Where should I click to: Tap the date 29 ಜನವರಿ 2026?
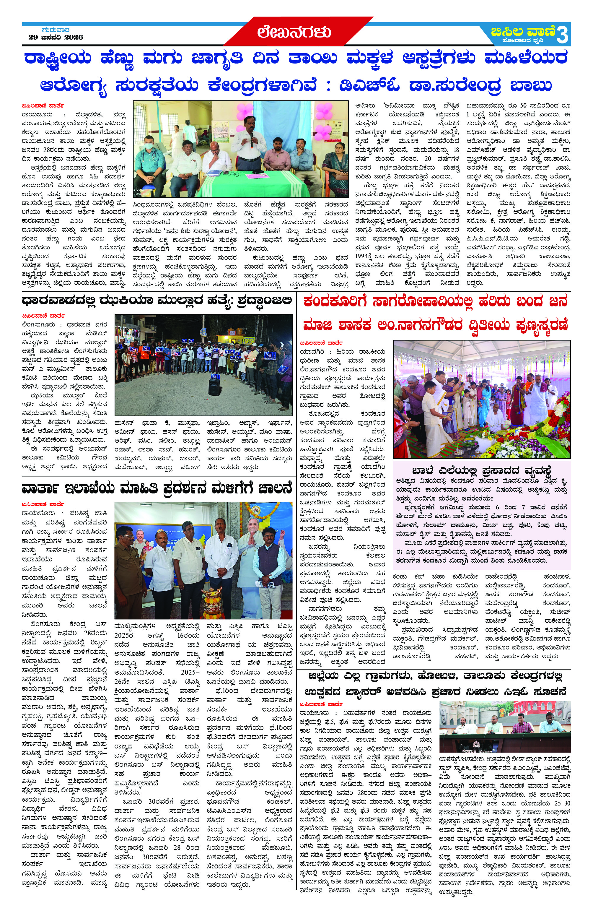point(56,37)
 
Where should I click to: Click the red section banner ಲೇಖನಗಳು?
point(294,32)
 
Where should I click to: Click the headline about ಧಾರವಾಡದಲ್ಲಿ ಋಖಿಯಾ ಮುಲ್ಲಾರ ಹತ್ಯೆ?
point(157,301)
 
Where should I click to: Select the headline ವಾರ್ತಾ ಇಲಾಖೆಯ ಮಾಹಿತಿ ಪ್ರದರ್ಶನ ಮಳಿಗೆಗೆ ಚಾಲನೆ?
point(157,489)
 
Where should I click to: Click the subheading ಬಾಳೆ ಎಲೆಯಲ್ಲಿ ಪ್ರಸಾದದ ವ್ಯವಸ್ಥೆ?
point(481,470)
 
